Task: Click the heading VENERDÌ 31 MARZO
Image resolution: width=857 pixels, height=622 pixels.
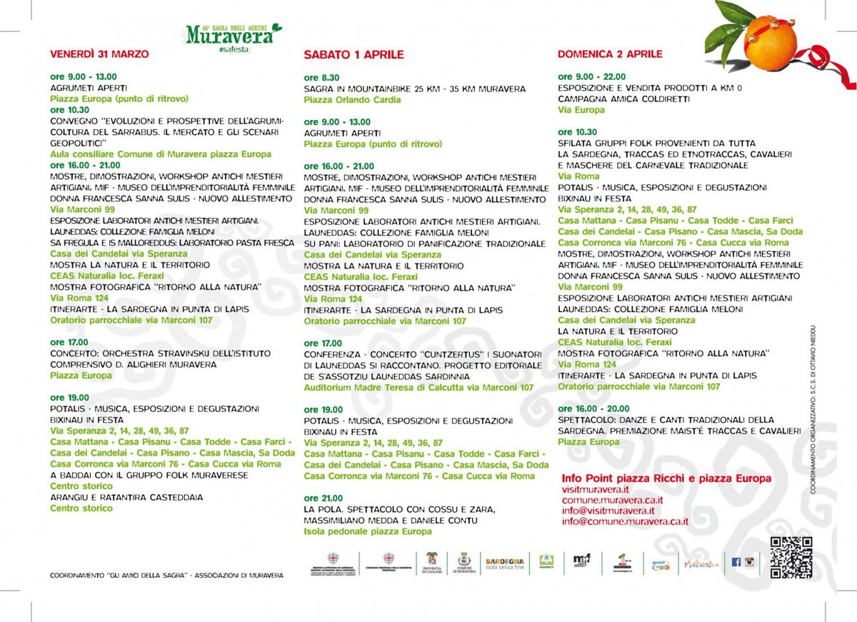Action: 99,54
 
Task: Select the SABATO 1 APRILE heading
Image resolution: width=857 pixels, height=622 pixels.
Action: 354,54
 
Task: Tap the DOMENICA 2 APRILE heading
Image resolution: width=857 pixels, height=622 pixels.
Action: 610,54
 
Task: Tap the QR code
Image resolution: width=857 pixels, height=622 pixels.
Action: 791,557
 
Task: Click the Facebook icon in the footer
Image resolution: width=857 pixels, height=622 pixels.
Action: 736,562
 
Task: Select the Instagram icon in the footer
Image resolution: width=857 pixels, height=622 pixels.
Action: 749,562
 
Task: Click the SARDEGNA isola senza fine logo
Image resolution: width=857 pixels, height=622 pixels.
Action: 504,563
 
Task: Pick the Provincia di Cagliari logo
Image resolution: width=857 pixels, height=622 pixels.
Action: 432,563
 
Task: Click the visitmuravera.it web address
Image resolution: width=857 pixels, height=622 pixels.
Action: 596,489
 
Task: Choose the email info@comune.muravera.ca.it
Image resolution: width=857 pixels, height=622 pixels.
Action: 625,521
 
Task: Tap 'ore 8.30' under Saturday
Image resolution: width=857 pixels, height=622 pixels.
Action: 321,78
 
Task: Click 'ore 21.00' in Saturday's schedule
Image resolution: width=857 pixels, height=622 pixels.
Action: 323,498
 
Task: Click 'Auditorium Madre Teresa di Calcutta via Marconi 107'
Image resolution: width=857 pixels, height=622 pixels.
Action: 419,388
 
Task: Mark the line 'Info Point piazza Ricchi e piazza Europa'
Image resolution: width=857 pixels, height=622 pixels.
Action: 666,478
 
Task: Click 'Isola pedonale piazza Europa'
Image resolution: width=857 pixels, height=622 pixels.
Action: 368,531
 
